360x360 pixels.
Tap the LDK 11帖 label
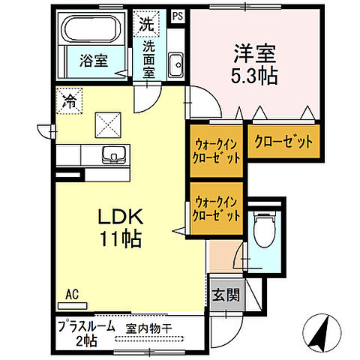coord(118,228)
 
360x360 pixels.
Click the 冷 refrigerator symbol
coord(69,98)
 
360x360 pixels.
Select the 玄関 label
coord(224,295)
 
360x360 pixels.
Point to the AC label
coord(73,293)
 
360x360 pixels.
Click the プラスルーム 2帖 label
coord(86,332)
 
